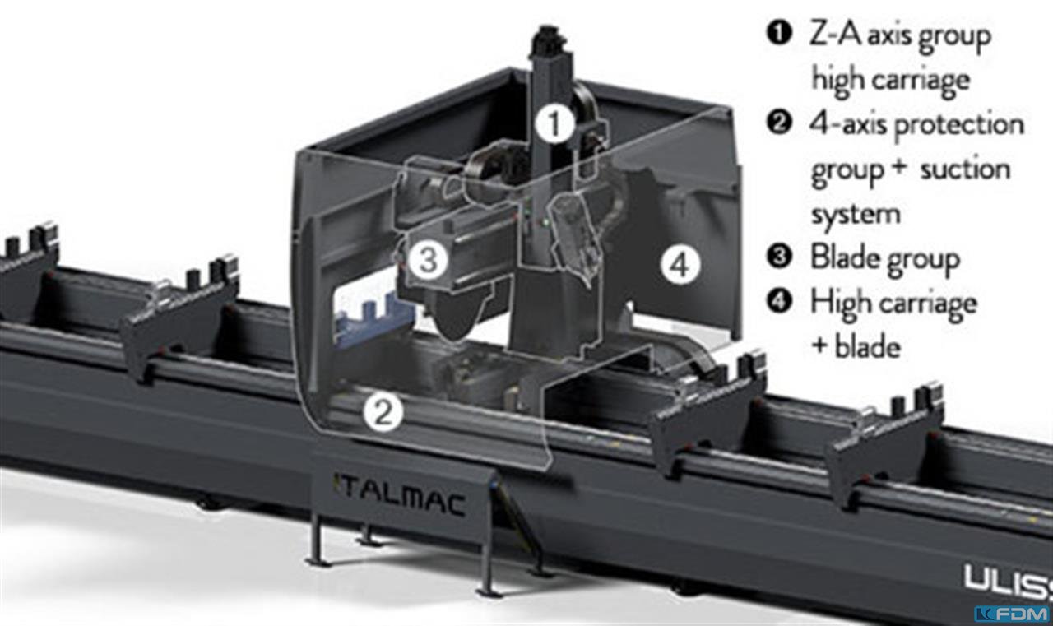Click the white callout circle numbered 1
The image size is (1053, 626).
[x=554, y=123]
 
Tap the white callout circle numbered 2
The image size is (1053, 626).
[x=383, y=413]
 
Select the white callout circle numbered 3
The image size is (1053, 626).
[x=428, y=259]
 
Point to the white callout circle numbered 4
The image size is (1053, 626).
[x=680, y=266]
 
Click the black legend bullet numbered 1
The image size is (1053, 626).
[x=779, y=34]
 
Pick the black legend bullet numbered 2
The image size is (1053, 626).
[x=779, y=123]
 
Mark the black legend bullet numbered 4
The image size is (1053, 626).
[x=779, y=301]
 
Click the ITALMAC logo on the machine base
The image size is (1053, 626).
[x=400, y=499]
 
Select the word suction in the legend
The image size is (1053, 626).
[x=965, y=169]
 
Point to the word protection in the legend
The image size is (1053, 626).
[x=959, y=124]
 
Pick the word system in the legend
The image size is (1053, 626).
[x=856, y=216]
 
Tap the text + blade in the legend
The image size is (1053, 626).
[x=856, y=347]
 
